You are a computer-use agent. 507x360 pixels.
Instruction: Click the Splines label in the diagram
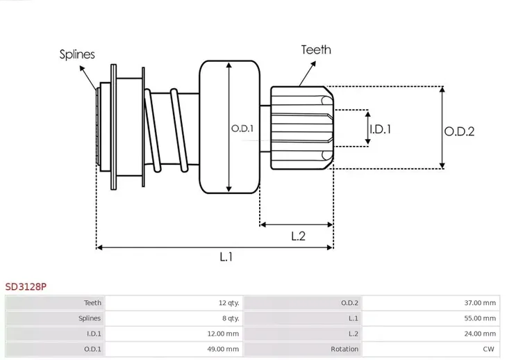click(77, 54)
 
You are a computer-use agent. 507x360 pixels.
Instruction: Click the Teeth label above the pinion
click(316, 50)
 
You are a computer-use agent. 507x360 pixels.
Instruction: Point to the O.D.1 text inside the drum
click(242, 129)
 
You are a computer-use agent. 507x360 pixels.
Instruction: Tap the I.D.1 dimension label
click(381, 129)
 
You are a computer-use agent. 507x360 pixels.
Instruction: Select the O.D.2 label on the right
click(460, 131)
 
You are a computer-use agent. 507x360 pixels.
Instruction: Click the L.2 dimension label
click(298, 236)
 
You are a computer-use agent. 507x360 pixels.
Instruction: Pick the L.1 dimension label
click(226, 257)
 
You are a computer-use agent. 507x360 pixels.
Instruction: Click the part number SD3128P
click(26, 286)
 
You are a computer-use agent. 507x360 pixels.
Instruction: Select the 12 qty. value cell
click(228, 303)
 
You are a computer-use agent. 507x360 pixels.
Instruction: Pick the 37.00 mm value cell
click(481, 303)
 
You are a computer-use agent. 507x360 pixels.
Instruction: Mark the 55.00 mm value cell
click(481, 318)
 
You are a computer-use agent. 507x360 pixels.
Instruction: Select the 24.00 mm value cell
click(481, 334)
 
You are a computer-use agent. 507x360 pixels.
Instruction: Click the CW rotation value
click(490, 349)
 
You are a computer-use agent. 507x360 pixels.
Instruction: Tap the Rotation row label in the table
click(344, 349)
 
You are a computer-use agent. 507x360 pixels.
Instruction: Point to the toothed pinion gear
click(301, 129)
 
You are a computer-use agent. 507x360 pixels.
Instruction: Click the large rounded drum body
click(229, 127)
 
